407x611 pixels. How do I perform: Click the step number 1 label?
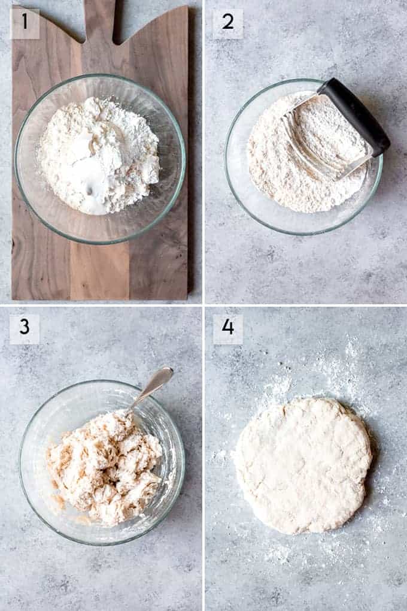(x=25, y=23)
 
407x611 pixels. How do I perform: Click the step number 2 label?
(x=228, y=23)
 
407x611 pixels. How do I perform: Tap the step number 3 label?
(x=25, y=328)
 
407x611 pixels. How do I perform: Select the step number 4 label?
(x=228, y=328)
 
